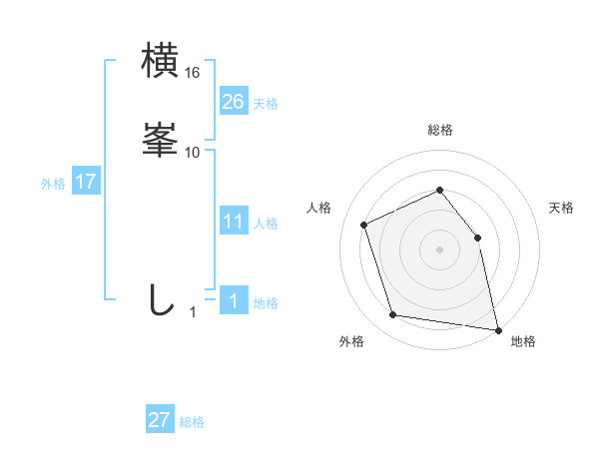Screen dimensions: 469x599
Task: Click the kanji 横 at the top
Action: (161, 62)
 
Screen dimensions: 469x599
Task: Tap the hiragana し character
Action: (160, 299)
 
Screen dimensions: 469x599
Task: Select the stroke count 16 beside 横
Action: (193, 73)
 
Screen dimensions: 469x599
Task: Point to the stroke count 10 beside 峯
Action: (193, 153)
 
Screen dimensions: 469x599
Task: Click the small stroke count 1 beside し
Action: (193, 312)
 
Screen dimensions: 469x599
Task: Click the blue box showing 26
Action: (233, 101)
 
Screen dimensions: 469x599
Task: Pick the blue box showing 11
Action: (233, 221)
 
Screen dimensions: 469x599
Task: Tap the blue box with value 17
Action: (85, 182)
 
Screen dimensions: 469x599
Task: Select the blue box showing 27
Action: (160, 420)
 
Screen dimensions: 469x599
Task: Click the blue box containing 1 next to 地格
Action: (233, 300)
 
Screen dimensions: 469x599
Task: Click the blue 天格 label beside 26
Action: (266, 104)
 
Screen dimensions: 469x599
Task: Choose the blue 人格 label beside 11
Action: (266, 224)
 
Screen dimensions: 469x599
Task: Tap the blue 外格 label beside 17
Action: (53, 184)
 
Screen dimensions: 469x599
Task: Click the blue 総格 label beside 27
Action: (192, 422)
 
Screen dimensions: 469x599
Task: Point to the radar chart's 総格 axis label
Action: (439, 130)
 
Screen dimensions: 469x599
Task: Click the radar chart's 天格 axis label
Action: (561, 208)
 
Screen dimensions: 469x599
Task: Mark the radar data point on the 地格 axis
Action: (496, 328)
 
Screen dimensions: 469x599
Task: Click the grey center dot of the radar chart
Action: (439, 248)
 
